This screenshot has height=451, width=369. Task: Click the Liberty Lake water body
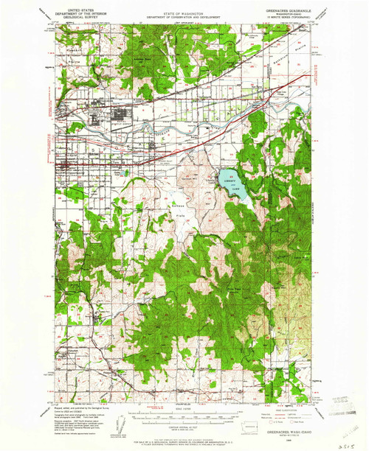coord(229,181)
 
